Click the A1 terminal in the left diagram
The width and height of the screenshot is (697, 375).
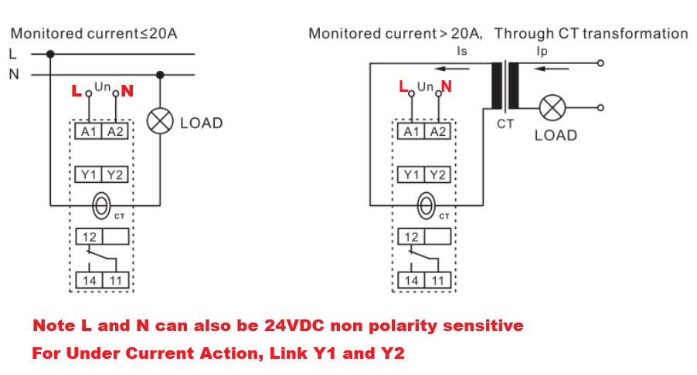coord(88,132)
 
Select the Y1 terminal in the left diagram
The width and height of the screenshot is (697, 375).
coord(88,175)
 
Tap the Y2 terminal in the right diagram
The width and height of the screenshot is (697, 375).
coord(437,175)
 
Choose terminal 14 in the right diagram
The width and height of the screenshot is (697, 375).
coord(411,280)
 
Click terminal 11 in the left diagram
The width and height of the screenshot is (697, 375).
coord(115,280)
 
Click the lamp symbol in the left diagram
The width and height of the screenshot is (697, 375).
coord(160,121)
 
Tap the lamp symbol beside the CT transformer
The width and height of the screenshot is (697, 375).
coord(552,108)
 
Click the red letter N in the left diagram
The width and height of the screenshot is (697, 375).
coord(127,91)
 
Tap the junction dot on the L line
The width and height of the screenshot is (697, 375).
coord(50,54)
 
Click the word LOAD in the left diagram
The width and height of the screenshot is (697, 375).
coord(201,123)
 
